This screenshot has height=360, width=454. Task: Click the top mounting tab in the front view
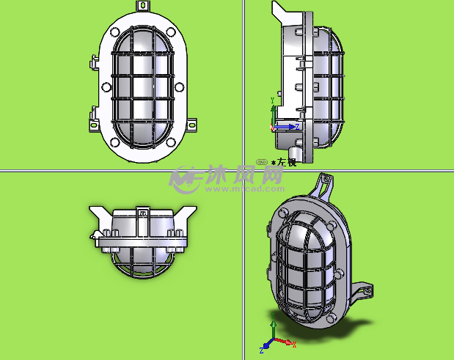point(143,6)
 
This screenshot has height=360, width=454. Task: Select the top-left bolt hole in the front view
point(116,32)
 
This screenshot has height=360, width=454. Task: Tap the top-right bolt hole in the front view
point(170,32)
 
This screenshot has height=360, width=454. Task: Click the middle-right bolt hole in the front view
point(180,87)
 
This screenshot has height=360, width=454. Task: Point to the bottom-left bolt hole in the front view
point(116,142)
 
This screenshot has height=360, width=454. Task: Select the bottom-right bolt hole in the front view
point(170,142)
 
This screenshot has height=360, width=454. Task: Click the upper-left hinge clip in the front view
point(94,61)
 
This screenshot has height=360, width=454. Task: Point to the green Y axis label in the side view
point(273,100)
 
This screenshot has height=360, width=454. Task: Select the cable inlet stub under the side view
point(295,153)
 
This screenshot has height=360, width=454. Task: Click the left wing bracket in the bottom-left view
point(101,215)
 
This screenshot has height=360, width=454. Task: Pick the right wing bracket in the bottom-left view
point(185,215)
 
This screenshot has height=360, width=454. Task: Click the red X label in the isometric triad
point(294,344)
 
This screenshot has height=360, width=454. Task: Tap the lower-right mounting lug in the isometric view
point(363,292)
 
